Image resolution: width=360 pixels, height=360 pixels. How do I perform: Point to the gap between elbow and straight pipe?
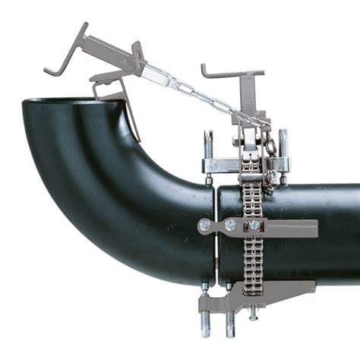[216, 228]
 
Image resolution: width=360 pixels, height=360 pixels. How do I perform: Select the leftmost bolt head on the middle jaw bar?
[204, 225]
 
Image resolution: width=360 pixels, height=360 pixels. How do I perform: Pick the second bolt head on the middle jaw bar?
[229, 225]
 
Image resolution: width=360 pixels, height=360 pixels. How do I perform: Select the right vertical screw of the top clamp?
[283, 156]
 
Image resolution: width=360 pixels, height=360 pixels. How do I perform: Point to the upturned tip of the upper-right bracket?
[204, 69]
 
